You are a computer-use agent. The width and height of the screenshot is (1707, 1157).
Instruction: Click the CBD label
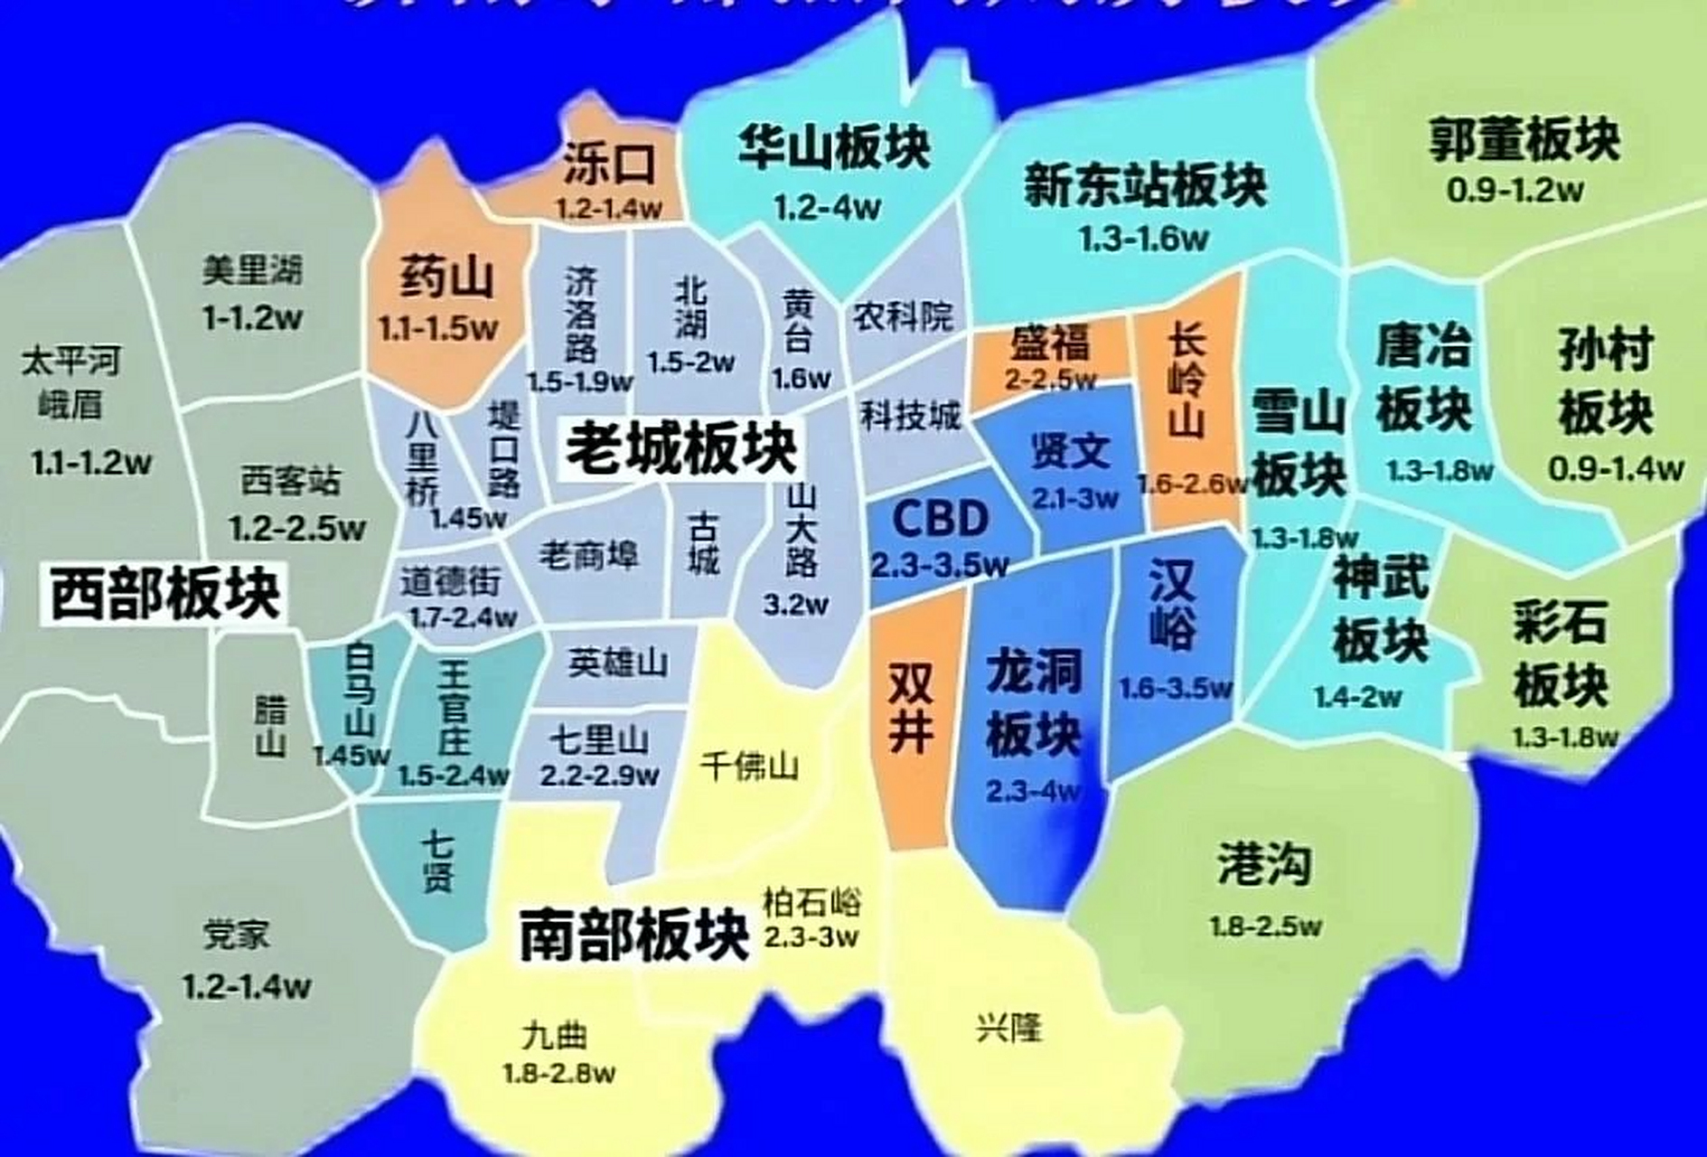[x=940, y=519]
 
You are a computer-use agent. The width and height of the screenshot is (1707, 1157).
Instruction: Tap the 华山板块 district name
[x=833, y=148]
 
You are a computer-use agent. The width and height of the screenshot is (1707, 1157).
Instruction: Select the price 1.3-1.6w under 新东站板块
[x=1143, y=239]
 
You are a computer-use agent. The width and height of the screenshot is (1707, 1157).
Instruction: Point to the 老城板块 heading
[x=681, y=449]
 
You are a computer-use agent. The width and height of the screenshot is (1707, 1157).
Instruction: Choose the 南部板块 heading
[x=634, y=935]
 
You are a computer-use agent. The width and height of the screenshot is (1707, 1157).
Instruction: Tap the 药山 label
[x=446, y=277]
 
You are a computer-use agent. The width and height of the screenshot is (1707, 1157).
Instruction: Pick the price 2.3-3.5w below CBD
[x=940, y=566]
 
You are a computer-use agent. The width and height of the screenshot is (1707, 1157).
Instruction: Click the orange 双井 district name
[x=910, y=708]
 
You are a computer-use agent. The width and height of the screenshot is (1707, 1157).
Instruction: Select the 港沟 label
[x=1263, y=863]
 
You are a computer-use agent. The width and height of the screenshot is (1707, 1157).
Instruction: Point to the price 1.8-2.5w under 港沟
[x=1265, y=927]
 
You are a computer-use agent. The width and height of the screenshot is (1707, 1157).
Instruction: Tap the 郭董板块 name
[x=1524, y=140]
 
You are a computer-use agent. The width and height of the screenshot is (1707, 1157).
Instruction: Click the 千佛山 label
[x=749, y=767]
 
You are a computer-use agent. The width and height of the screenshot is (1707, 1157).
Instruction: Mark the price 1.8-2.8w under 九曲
[x=559, y=1073]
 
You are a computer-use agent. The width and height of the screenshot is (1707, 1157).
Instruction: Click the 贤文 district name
[x=1071, y=450]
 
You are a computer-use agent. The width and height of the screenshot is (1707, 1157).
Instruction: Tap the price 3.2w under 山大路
[x=795, y=604]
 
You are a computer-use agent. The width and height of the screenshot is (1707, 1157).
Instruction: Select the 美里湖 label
[x=252, y=270]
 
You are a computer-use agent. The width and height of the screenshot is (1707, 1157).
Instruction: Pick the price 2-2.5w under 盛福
[x=1050, y=380]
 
